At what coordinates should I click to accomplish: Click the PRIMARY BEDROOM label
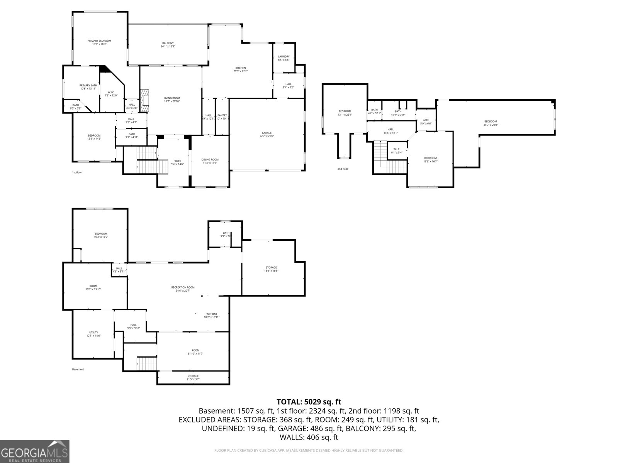[99, 41]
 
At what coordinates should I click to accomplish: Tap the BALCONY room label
[168, 43]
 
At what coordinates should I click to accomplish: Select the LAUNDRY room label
[284, 57]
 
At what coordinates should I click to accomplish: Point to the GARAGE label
[267, 133]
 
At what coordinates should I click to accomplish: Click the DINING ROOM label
[210, 160]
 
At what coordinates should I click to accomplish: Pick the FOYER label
[177, 161]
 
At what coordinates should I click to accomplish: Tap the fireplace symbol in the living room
[144, 100]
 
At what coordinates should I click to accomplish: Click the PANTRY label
[222, 115]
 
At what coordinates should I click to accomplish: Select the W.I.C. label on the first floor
[111, 92]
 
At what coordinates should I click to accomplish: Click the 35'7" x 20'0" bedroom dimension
[491, 125]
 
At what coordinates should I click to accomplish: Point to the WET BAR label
[212, 314]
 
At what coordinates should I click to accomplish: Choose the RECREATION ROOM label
[183, 287]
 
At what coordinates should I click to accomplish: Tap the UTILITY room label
[93, 332]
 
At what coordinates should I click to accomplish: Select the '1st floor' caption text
[77, 172]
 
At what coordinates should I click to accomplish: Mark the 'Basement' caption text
[78, 369]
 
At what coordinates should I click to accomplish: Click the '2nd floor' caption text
[343, 169]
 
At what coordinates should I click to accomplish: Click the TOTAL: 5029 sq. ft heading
[309, 402]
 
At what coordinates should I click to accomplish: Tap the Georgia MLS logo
[34, 451]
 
